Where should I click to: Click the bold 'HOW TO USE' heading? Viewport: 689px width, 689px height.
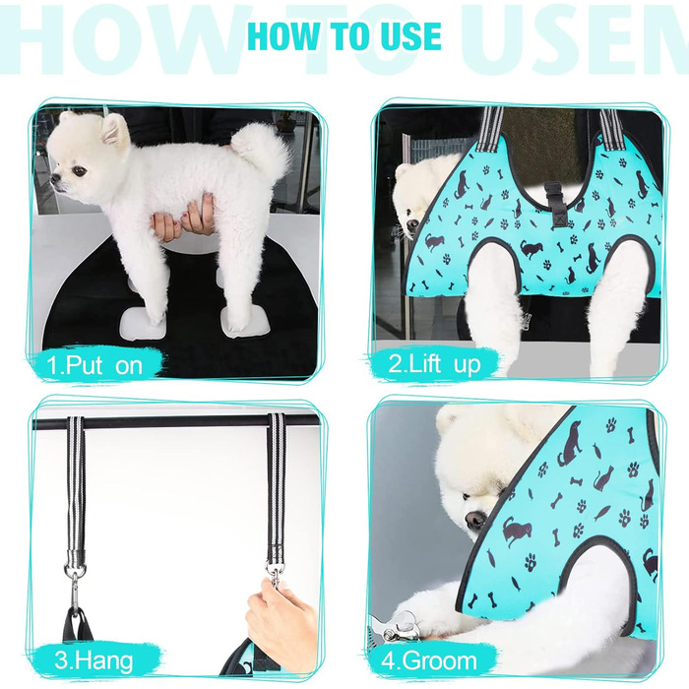pos(344,36)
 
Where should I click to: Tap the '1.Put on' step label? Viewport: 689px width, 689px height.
pos(94,365)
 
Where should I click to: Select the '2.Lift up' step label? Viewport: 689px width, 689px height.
pos(434,364)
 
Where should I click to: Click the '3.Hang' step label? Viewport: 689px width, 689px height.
pos(94,660)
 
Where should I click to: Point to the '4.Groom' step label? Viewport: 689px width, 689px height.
pos(429,660)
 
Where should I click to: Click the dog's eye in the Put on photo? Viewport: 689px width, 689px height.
pos(80,171)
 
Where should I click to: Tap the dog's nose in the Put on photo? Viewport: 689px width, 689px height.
pos(55,179)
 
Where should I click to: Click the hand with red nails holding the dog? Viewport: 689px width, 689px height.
pos(184,219)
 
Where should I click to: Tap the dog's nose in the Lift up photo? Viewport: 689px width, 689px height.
pos(412,224)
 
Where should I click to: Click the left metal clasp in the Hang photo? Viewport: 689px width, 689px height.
pos(76,584)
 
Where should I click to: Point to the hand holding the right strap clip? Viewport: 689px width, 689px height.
pos(281,615)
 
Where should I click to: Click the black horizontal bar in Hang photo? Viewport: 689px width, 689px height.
pos(176,422)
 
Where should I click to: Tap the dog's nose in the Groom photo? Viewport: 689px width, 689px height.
pos(473,521)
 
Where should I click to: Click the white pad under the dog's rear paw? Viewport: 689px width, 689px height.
pos(243,322)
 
